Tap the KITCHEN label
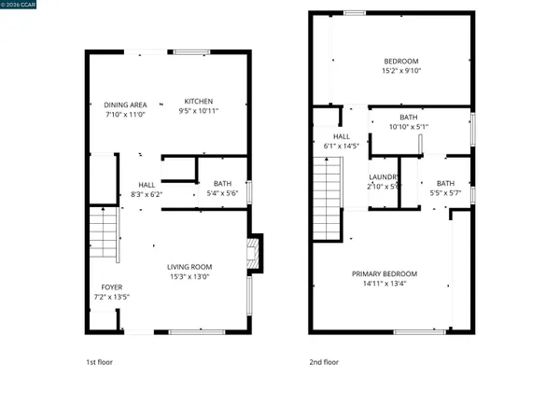tap(198, 102)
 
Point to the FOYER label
tap(112, 287)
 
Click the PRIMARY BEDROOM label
tap(385, 273)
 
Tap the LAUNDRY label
tap(385, 176)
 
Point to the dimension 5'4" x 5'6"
tap(222, 193)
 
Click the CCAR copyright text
tap(19, 5)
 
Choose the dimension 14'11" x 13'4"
tap(385, 284)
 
